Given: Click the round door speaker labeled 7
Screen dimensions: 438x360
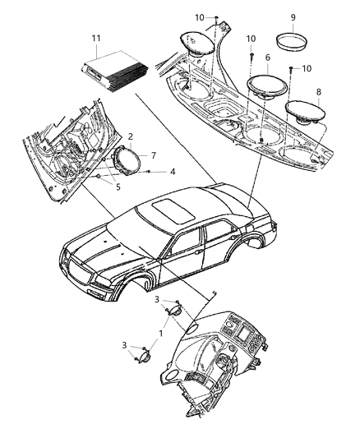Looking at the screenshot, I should tap(127, 158).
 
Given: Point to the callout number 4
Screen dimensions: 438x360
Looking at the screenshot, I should tap(172, 172).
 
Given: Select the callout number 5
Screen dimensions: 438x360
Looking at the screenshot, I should tap(104, 187).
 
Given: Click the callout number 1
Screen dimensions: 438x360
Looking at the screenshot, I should tap(159, 334).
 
